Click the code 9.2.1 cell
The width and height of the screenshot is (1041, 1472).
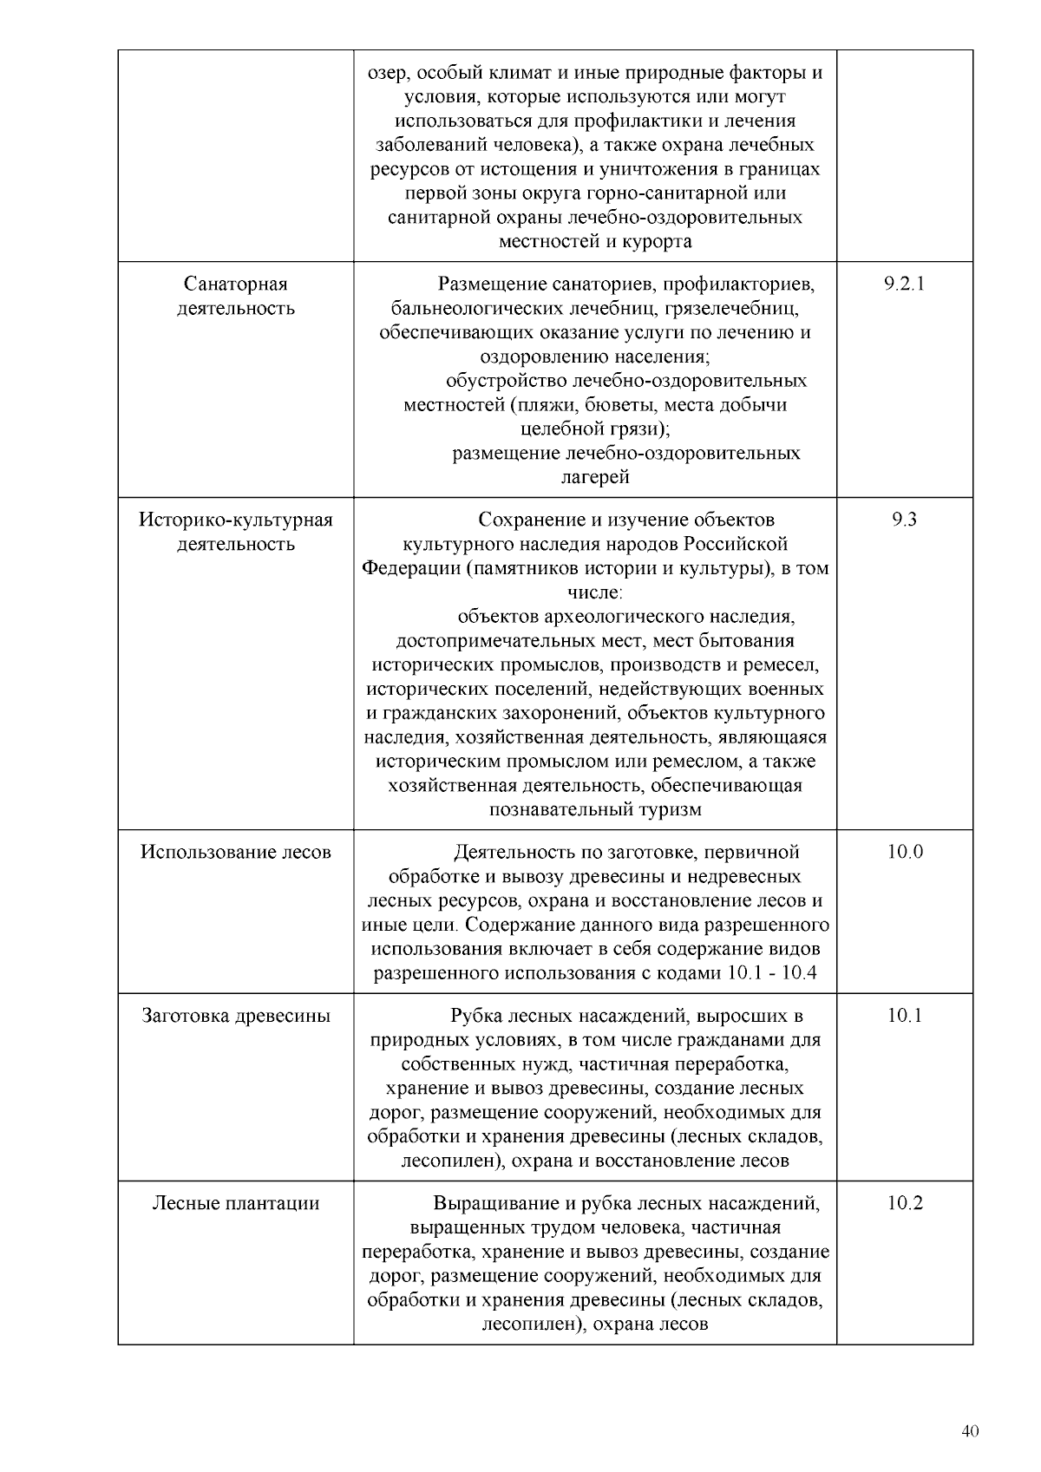[904, 284]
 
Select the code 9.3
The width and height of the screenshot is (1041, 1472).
[904, 520]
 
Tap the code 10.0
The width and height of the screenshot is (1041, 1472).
[904, 852]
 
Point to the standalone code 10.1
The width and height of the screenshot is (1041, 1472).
[904, 1016]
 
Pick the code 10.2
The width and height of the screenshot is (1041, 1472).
[904, 1203]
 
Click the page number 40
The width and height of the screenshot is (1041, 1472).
[971, 1431]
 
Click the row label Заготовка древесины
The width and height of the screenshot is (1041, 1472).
[236, 1016]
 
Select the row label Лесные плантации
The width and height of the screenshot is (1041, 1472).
[236, 1203]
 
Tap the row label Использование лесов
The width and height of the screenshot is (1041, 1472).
[236, 852]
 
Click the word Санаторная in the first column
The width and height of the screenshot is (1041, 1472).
[236, 284]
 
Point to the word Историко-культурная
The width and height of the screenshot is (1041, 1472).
[236, 520]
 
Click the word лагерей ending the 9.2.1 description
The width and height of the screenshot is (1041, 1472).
[595, 477]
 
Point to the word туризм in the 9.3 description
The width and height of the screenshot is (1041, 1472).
[671, 810]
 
